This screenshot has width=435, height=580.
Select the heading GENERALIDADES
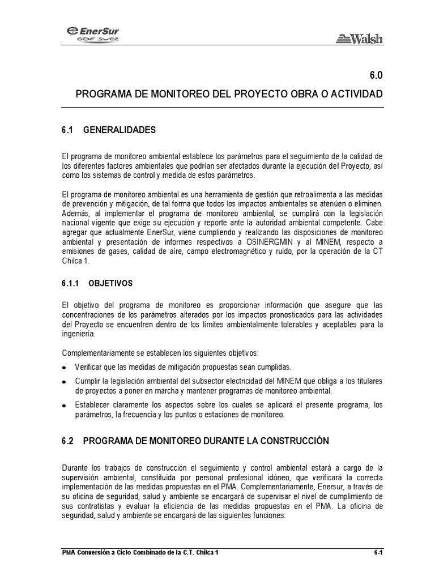pos(119,130)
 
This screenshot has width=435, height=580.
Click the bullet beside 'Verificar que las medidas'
pos(64,368)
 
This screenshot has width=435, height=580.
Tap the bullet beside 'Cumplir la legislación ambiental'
pos(64,382)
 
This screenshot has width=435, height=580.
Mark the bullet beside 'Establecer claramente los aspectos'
pos(64,406)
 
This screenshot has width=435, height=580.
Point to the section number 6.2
pos(68,441)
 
